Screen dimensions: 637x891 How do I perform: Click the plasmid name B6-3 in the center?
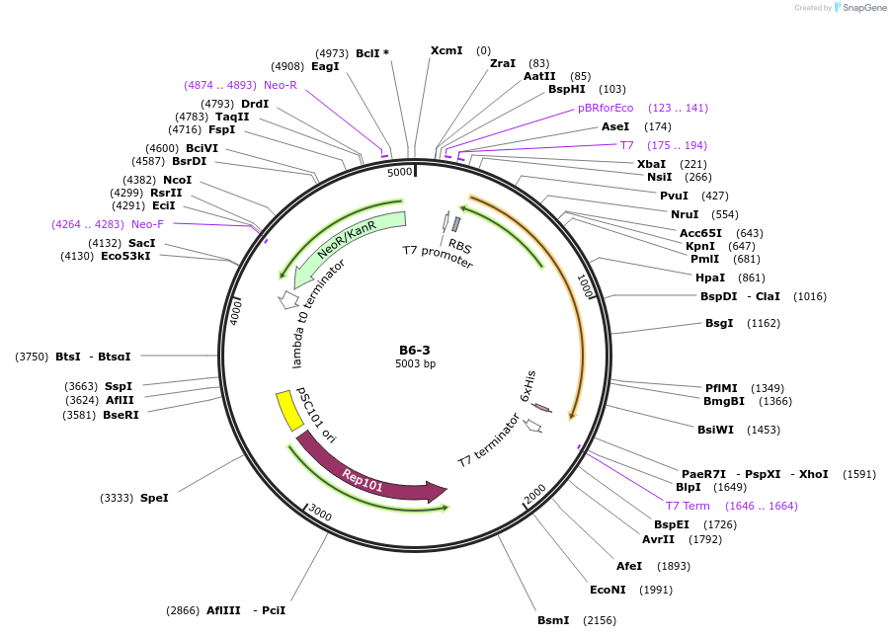(415, 350)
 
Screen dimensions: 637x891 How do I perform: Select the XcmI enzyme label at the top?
(446, 50)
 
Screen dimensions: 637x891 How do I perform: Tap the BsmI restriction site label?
(553, 620)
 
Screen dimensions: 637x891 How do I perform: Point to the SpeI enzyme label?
(154, 498)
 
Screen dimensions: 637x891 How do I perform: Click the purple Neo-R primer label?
(281, 85)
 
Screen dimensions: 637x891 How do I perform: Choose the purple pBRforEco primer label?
(606, 108)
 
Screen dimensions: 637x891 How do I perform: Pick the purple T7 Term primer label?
(688, 506)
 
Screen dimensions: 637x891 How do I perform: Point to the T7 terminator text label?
(489, 441)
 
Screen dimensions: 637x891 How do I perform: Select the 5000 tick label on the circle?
(399, 172)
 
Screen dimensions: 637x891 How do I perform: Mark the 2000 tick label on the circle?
(534, 493)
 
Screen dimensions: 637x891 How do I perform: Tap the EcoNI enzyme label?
(608, 590)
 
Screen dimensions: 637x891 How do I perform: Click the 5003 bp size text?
(415, 364)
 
